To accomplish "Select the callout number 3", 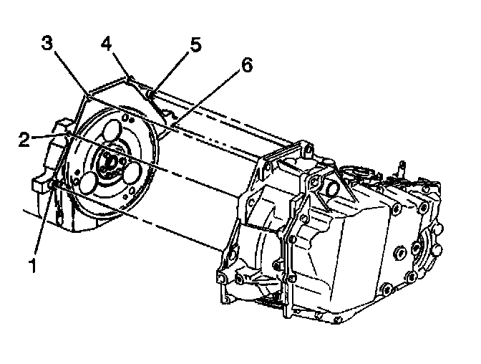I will click(47, 42).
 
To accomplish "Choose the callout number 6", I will click(247, 66).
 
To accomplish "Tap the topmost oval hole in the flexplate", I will click(112, 133).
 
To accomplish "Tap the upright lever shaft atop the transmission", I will click(403, 168).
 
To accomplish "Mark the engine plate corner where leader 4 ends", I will click(131, 76).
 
